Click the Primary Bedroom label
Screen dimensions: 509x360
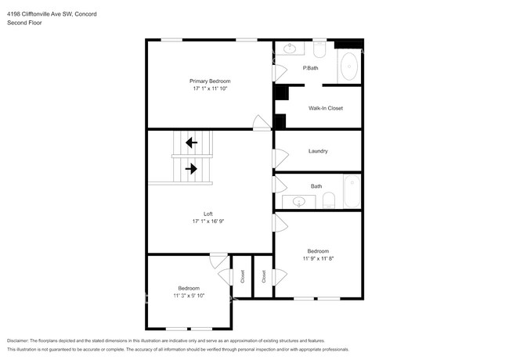(210, 81)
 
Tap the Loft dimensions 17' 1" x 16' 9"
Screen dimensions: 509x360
(208, 221)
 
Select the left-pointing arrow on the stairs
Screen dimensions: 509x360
(192, 142)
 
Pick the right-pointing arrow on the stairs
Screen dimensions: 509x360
(191, 168)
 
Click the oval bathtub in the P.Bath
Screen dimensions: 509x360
(349, 67)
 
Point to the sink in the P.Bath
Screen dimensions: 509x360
(290, 49)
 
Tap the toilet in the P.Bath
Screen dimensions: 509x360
(319, 49)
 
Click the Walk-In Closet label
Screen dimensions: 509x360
(326, 108)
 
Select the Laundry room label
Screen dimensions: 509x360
(318, 151)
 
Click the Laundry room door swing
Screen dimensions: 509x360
(281, 159)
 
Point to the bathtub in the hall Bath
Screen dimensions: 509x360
(352, 192)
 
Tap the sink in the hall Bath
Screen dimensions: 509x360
(299, 202)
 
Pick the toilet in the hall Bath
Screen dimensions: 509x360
(329, 201)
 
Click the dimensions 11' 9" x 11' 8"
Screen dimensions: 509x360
(318, 258)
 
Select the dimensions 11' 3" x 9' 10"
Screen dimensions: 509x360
(189, 296)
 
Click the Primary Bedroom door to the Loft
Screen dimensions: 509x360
(262, 123)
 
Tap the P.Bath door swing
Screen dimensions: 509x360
(280, 73)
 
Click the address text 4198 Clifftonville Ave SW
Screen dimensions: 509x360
(40, 14)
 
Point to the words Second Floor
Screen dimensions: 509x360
(24, 23)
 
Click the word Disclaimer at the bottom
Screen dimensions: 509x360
(18, 340)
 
